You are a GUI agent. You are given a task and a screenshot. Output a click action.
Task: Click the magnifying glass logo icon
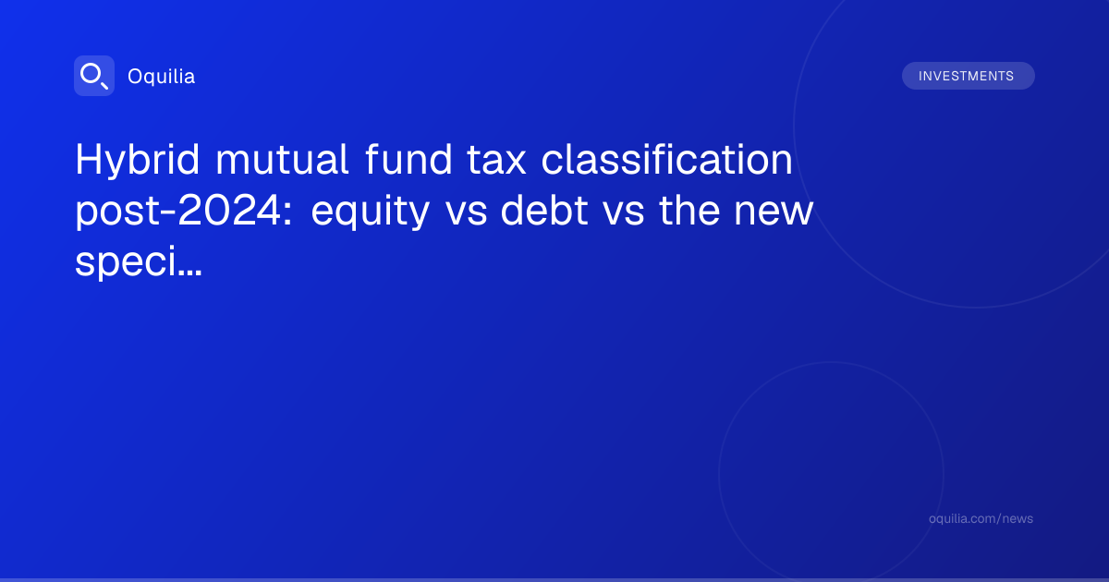pyautogui.click(x=94, y=76)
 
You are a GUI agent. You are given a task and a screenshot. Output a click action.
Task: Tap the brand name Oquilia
pyautogui.click(x=162, y=76)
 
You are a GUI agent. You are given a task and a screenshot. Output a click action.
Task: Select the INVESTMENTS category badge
pyautogui.click(x=968, y=76)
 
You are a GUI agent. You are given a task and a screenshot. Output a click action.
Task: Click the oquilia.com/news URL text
pyautogui.click(x=981, y=518)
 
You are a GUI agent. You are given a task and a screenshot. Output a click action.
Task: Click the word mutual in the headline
pyautogui.click(x=282, y=159)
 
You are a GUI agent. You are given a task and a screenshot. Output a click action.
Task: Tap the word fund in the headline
pyautogui.click(x=408, y=159)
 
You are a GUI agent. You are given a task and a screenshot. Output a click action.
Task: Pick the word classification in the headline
pyautogui.click(x=667, y=159)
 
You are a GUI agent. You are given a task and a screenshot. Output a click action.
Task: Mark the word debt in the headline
pyautogui.click(x=544, y=210)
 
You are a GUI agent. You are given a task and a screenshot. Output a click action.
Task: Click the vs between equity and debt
pyautogui.click(x=466, y=213)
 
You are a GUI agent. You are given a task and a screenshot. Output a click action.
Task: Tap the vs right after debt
pyautogui.click(x=623, y=213)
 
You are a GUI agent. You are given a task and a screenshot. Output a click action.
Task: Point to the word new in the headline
pyautogui.click(x=774, y=213)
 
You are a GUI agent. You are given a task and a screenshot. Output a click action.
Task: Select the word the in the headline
pyautogui.click(x=689, y=210)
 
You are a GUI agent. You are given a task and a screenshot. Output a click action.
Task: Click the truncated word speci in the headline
pyautogui.click(x=126, y=262)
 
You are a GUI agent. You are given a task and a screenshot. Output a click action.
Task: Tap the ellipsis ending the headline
pyautogui.click(x=189, y=273)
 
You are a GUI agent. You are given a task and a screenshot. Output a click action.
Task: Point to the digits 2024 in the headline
pyautogui.click(x=230, y=211)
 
